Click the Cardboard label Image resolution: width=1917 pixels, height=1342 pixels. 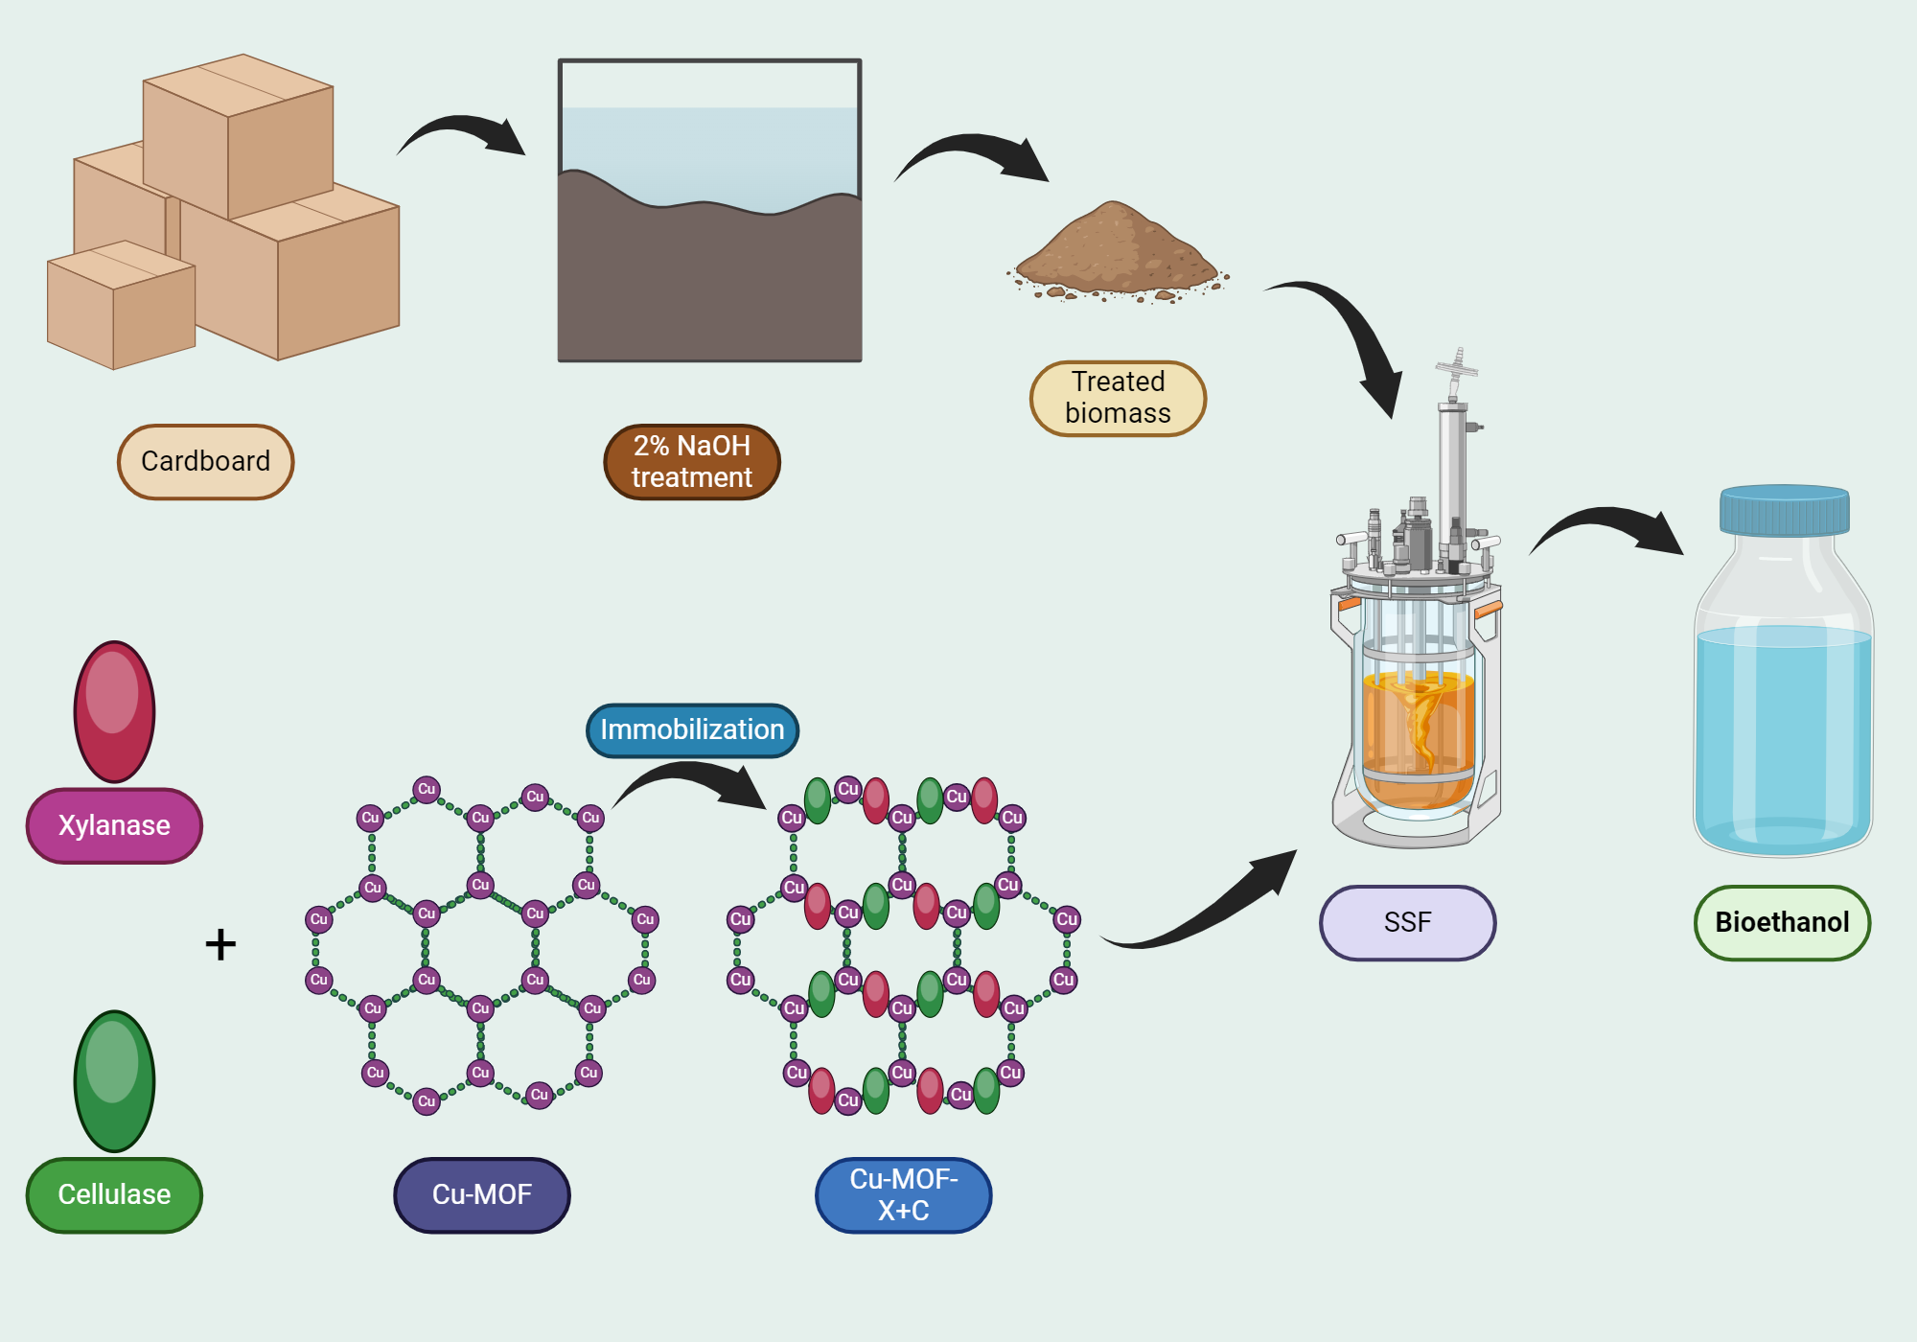pyautogui.click(x=205, y=461)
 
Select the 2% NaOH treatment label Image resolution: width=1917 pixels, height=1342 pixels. pyautogui.click(x=691, y=461)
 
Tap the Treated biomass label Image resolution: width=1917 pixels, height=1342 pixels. pyautogui.click(x=1118, y=398)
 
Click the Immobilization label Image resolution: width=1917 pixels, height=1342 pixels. pyautogui.click(x=691, y=729)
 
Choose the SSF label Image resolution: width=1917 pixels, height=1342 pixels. pyautogui.click(x=1407, y=922)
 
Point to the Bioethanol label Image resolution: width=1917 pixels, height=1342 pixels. pyautogui.click(x=1782, y=922)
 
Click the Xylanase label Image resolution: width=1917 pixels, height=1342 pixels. pyautogui.click(x=114, y=825)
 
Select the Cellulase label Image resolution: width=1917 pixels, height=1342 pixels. pyautogui.click(x=114, y=1194)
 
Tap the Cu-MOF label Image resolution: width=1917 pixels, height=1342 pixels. pyautogui.click(x=481, y=1194)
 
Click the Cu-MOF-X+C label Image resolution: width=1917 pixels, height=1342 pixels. pyautogui.click(x=903, y=1194)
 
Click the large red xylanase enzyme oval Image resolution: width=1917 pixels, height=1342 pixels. pyautogui.click(x=114, y=711)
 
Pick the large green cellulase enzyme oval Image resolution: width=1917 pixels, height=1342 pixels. pyautogui.click(x=114, y=1081)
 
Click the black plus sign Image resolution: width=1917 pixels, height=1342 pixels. pyautogui.click(x=220, y=944)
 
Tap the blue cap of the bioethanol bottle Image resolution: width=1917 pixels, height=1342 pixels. pyautogui.click(x=1784, y=510)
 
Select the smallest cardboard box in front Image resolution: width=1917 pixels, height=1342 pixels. pyautogui.click(x=120, y=307)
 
